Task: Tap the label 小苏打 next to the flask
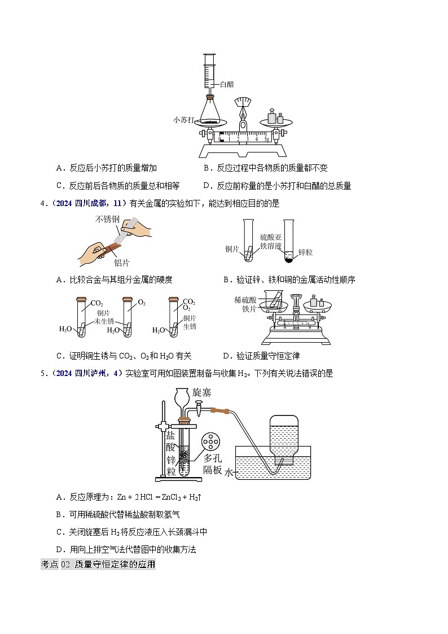click(185, 120)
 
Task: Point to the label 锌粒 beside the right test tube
click(305, 252)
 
